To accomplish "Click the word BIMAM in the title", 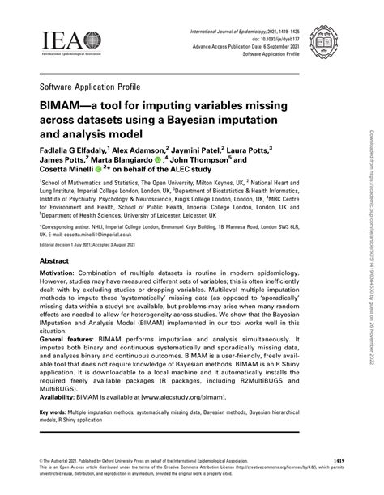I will point(63,106).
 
